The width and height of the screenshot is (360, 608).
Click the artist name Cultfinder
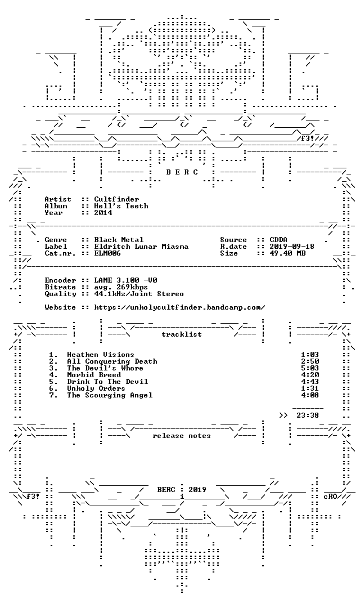tap(116, 199)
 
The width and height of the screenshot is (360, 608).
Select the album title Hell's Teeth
tap(121, 206)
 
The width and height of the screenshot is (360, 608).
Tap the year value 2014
tap(103, 212)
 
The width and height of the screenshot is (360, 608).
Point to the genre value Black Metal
tap(119, 240)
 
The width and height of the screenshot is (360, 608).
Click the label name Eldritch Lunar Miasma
tap(141, 247)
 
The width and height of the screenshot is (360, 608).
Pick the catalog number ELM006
tap(108, 253)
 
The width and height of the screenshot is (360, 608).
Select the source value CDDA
tap(278, 240)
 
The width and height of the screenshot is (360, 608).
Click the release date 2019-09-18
tap(292, 247)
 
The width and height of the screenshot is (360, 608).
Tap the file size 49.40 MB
tap(287, 253)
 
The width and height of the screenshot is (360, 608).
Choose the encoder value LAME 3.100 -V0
tap(126, 280)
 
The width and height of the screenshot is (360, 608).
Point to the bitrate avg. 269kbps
tap(121, 287)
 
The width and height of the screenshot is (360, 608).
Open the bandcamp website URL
tap(180, 307)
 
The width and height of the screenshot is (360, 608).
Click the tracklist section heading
tap(182, 334)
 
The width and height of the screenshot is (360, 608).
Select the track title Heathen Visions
tap(101, 355)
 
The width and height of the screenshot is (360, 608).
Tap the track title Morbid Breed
tap(94, 375)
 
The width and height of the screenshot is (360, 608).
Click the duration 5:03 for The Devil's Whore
tap(310, 368)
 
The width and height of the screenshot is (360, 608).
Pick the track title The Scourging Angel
tap(110, 395)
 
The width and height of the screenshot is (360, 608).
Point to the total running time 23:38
tap(308, 415)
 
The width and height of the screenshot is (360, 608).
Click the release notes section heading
tap(182, 436)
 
